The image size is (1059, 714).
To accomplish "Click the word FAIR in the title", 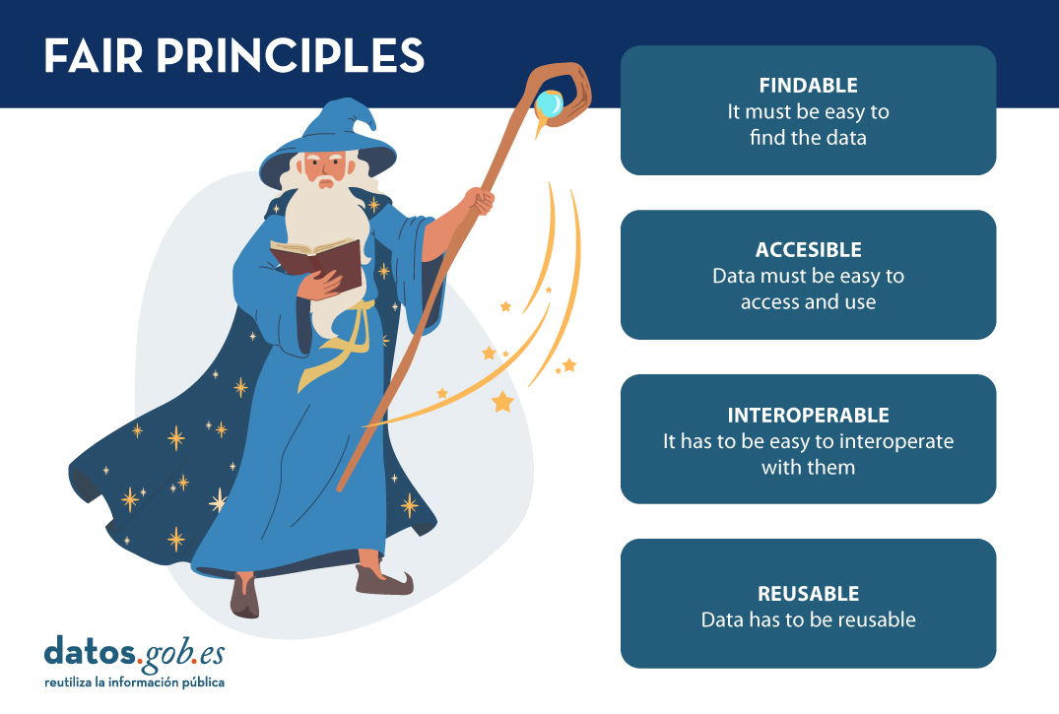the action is point(94,55).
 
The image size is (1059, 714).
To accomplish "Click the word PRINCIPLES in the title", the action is point(291,55).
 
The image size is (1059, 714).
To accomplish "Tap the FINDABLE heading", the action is point(808,86).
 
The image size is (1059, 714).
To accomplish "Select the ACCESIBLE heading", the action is point(808,250).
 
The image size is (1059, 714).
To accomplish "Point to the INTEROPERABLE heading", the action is point(808,415).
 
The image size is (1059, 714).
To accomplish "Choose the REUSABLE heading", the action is point(808,594).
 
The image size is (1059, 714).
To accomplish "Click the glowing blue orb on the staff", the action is point(549,104).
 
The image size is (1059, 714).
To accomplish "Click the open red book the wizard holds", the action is point(317,262).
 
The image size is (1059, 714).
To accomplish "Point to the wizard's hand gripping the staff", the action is point(480,201).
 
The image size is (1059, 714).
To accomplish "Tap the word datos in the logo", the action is point(90,651).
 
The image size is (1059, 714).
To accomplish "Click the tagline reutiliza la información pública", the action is point(134,682).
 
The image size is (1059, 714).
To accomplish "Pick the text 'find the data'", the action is point(808,138).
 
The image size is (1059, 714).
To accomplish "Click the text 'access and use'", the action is point(808,302).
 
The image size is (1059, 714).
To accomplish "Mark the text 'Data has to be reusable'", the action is point(808,619).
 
